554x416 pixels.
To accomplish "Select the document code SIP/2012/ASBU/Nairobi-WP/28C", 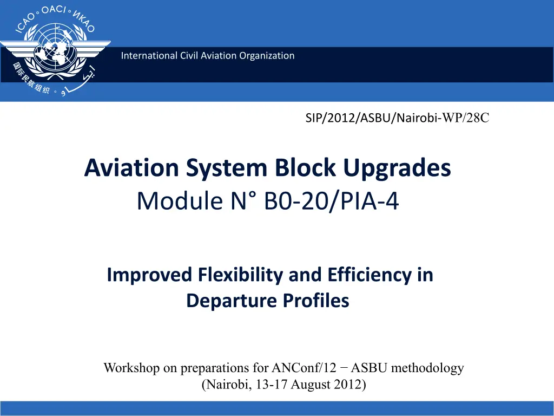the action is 397,118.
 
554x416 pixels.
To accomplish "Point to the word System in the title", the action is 227,168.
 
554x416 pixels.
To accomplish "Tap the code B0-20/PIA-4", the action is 332,201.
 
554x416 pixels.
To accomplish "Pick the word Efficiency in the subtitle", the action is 369,275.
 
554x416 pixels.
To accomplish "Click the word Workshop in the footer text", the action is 131,368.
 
